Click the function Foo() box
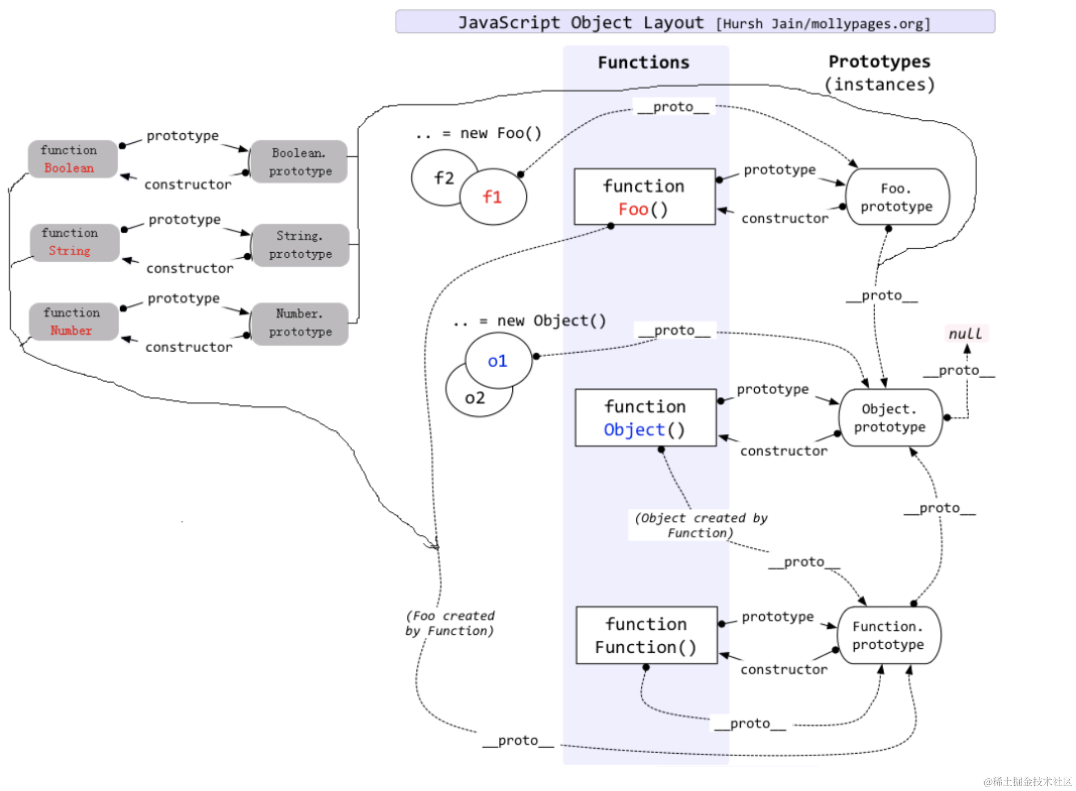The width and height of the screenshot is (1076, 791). pyautogui.click(x=644, y=197)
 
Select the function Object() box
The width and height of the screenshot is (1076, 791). pyautogui.click(x=645, y=418)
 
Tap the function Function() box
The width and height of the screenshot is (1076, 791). pyautogui.click(x=646, y=635)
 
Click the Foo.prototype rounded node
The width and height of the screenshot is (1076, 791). pyautogui.click(x=896, y=197)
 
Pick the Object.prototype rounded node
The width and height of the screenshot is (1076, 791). pyautogui.click(x=890, y=418)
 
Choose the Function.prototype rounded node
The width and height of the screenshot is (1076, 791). pyautogui.click(x=888, y=635)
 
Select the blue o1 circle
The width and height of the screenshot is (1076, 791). pyautogui.click(x=498, y=361)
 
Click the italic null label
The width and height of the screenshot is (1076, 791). pyautogui.click(x=965, y=333)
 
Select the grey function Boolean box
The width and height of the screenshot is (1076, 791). pyautogui.click(x=72, y=159)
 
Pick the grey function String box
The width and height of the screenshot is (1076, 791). pyautogui.click(x=74, y=242)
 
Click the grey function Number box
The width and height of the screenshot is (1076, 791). pyautogui.click(x=73, y=322)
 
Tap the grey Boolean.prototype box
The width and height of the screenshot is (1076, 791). pyautogui.click(x=299, y=162)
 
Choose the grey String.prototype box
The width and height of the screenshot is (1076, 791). pyautogui.click(x=300, y=245)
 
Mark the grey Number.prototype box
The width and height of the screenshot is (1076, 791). pyautogui.click(x=300, y=323)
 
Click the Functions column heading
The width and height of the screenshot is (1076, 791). pyautogui.click(x=643, y=62)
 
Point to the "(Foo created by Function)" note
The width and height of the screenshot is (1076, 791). pyautogui.click(x=450, y=623)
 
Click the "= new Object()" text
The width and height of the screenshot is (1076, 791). pyautogui.click(x=550, y=321)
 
